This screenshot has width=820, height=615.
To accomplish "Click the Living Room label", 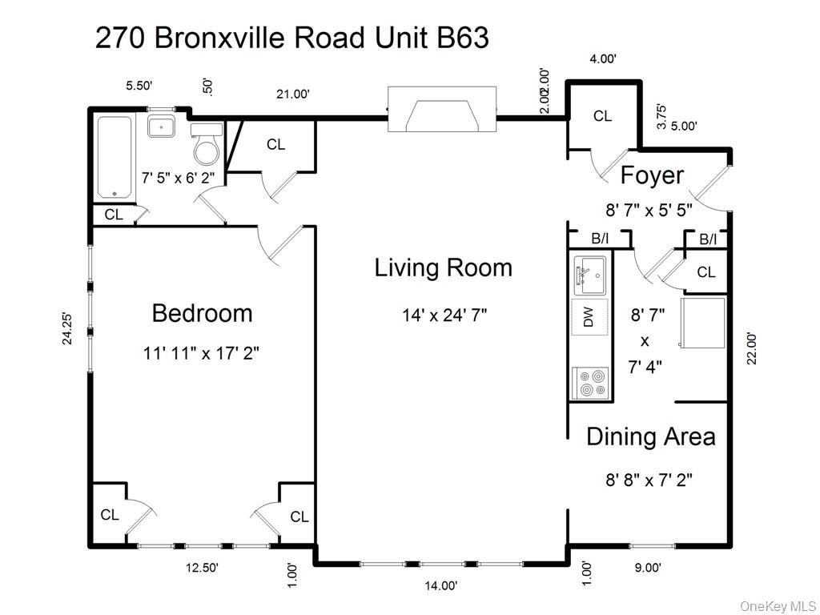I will [443, 267].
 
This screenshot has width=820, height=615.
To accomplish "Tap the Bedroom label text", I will [202, 313].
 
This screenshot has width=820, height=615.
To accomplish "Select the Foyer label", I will [652, 175].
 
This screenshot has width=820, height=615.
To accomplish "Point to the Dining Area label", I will [650, 437].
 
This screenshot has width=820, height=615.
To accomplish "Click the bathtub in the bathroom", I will [115, 157].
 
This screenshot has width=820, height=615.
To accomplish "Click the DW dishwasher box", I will [590, 318].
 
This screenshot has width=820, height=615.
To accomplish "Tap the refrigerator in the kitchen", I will [703, 323].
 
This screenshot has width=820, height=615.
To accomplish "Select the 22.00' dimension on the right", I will [751, 348].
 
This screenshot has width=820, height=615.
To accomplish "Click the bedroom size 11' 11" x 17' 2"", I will [202, 352].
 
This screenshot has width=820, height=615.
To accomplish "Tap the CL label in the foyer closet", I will [602, 116].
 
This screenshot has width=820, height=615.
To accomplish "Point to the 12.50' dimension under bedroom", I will [201, 568].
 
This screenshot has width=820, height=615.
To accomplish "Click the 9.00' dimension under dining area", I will [648, 568].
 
